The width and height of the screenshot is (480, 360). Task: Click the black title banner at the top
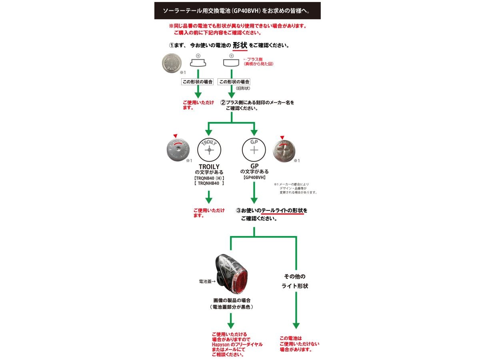[237, 11]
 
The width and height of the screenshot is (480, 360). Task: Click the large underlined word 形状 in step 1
[240, 45]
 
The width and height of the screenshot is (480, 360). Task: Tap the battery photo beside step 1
[172, 63]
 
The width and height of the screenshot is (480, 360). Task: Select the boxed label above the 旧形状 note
[234, 82]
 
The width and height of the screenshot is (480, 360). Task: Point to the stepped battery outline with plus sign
[198, 63]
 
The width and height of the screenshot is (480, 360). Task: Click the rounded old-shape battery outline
[231, 63]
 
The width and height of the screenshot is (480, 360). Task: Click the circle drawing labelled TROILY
[209, 150]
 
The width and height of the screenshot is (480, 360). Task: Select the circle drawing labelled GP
[254, 150]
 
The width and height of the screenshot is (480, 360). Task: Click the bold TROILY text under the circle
[209, 166]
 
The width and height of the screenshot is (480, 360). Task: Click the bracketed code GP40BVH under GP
[254, 177]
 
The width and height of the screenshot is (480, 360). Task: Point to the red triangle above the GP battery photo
[282, 137]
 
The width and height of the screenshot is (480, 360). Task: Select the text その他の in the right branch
[295, 276]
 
